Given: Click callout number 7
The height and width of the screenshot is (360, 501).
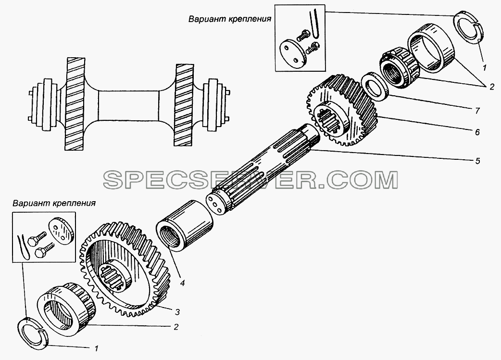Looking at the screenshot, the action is click(477, 111).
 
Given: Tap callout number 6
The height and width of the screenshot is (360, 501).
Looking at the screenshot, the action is click(477, 132).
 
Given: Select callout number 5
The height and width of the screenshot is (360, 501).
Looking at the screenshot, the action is click(477, 160).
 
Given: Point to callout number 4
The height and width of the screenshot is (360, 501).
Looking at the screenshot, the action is click(182, 283).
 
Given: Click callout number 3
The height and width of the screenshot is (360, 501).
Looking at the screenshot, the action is click(177, 312).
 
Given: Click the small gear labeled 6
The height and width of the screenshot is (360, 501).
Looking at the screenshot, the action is click(342, 110).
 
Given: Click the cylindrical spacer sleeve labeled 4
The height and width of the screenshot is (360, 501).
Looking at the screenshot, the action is click(184, 225).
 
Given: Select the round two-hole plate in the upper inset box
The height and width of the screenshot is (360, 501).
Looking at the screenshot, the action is click(293, 54).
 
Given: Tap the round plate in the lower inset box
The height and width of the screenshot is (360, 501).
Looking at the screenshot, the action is click(61, 230).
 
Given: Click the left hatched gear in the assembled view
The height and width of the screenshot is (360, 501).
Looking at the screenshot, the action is click(75, 104).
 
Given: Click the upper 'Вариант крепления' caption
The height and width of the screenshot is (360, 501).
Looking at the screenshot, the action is click(230, 19).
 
